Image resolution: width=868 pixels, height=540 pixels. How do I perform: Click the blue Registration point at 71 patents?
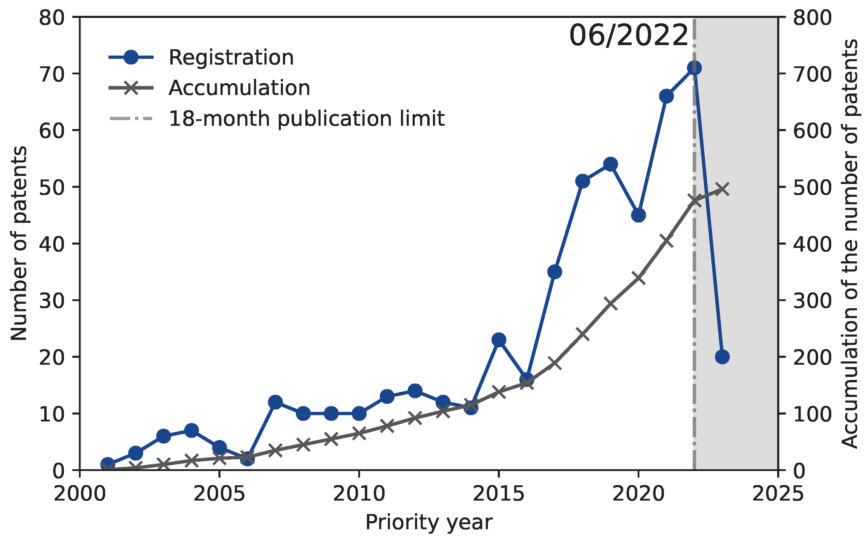coord(694,67)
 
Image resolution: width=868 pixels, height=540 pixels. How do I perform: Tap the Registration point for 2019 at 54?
coord(610,164)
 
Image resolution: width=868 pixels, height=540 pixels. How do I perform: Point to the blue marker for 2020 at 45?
coord(638,215)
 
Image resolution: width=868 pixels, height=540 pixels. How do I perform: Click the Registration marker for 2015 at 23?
coord(499,340)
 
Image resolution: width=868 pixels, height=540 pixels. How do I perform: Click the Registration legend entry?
coord(231,58)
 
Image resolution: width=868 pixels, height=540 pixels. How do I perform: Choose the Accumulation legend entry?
coord(239,88)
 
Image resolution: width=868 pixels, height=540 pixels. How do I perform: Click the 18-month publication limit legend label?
coord(307,119)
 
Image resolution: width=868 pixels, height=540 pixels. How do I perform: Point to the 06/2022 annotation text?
coord(628,36)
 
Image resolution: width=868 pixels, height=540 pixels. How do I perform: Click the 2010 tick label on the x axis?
coord(359,494)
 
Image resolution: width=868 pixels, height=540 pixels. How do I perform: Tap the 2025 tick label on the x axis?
coord(778,494)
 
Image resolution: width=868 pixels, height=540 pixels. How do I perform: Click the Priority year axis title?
coord(429,522)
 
